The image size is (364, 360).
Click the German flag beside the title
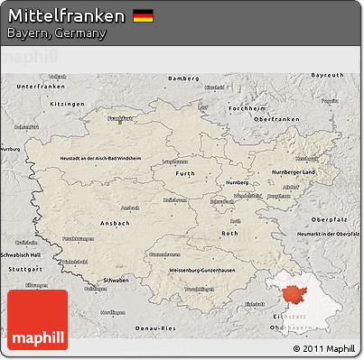coord(142,15)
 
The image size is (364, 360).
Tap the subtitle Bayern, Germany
coord(56,33)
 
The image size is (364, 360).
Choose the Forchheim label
coord(247,108)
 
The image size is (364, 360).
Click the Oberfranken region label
coord(275,119)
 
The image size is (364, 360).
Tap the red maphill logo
coord(37,319)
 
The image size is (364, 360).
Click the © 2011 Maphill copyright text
coord(324,347)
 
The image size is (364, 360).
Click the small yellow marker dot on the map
coord(120,122)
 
